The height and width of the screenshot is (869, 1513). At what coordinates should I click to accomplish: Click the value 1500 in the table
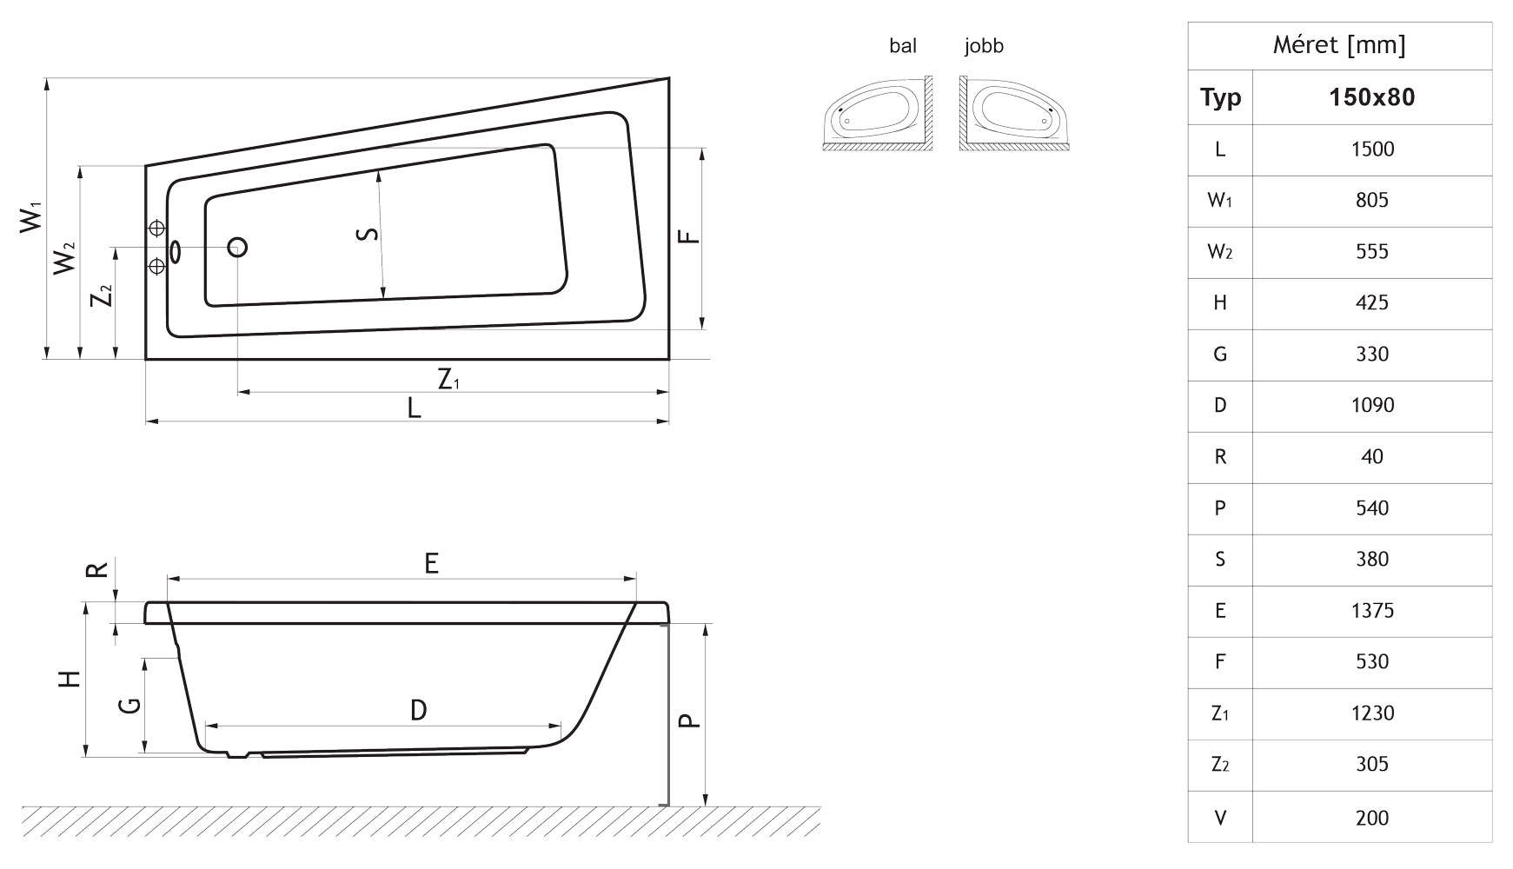(x=1371, y=149)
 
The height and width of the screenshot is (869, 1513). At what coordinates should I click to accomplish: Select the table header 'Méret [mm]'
(x=1339, y=45)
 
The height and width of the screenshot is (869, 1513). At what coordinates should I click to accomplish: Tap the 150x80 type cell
(x=1371, y=97)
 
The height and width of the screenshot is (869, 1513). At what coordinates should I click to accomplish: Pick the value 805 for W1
(x=1371, y=201)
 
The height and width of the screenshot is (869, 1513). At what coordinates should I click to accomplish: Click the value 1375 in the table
(x=1371, y=611)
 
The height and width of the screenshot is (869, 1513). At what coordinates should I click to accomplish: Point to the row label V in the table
(x=1220, y=818)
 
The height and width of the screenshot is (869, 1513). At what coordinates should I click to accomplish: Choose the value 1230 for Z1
(x=1371, y=713)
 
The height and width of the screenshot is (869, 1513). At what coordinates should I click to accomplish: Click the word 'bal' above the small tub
(x=902, y=46)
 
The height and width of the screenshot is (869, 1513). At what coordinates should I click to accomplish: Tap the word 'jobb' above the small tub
(x=984, y=46)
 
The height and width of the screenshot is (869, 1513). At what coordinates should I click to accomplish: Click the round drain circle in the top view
(x=237, y=248)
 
